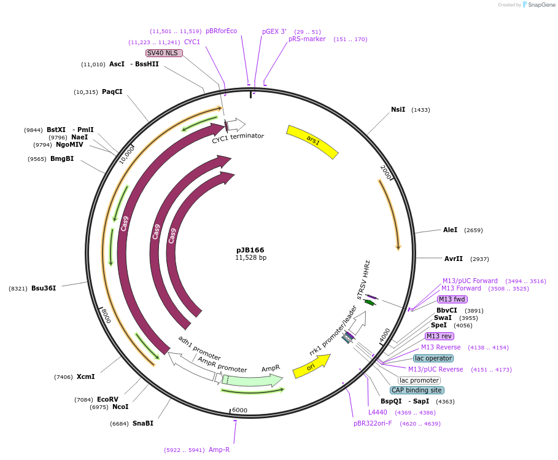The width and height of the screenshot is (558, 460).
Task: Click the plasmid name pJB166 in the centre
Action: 250,250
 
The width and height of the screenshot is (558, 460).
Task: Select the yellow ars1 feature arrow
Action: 312,141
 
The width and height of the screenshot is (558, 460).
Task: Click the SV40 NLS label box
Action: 163,53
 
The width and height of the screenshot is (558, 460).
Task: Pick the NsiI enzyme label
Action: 398,109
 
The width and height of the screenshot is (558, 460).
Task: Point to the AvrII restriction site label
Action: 453,259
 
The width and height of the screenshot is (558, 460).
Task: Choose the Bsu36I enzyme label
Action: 44,288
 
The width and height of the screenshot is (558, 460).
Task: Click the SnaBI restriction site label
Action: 142,423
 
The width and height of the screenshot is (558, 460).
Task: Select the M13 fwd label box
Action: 452,300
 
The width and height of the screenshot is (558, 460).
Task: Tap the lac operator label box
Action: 433,358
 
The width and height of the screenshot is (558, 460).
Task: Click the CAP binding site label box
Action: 416,390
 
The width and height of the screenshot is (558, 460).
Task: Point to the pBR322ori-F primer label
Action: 372,423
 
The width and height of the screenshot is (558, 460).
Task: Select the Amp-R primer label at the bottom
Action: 219,450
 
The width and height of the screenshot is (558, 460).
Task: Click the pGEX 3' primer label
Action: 274,31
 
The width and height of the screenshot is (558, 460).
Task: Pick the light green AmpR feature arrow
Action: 252,381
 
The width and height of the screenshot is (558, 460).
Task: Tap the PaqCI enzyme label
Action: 112,92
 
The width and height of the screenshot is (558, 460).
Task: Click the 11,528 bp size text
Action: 250,258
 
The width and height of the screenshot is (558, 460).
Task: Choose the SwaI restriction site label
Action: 443,318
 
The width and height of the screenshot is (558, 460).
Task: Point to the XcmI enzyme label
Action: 85,376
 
